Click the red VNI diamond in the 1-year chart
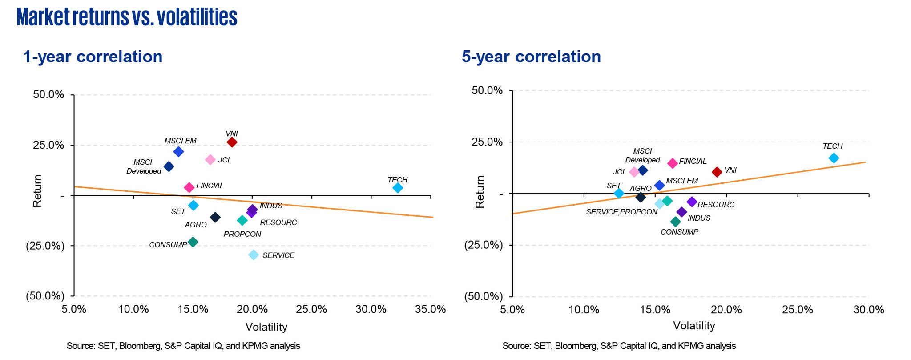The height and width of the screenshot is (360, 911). coord(232,142)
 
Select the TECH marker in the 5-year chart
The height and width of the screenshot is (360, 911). coord(834,158)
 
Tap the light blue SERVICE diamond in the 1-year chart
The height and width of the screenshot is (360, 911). coord(253,255)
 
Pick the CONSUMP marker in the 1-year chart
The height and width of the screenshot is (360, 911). coord(193,242)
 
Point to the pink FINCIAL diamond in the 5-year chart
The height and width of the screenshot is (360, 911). coord(672,163)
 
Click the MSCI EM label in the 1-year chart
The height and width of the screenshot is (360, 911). coord(180,141)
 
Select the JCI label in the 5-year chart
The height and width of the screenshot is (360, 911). coord(618,172)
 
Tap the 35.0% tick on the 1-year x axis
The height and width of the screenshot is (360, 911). coord(430,309)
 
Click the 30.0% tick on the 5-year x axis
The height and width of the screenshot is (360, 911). coord(868,309)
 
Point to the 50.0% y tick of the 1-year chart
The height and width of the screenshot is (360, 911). coord(48,95)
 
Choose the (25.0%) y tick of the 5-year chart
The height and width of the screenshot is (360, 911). coord(484,245)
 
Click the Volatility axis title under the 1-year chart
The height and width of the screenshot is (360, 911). coord(266,327)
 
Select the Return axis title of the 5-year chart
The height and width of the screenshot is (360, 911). coord(480,191)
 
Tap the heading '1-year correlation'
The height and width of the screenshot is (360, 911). coord(93,57)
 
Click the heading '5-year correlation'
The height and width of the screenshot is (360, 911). coord(531,57)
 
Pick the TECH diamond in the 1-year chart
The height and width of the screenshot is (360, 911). coord(398,188)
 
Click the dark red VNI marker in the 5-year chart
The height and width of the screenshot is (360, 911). coord(717,172)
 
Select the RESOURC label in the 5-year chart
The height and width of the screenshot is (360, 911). coord(716,205)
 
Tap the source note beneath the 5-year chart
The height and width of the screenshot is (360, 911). coord(619,346)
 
